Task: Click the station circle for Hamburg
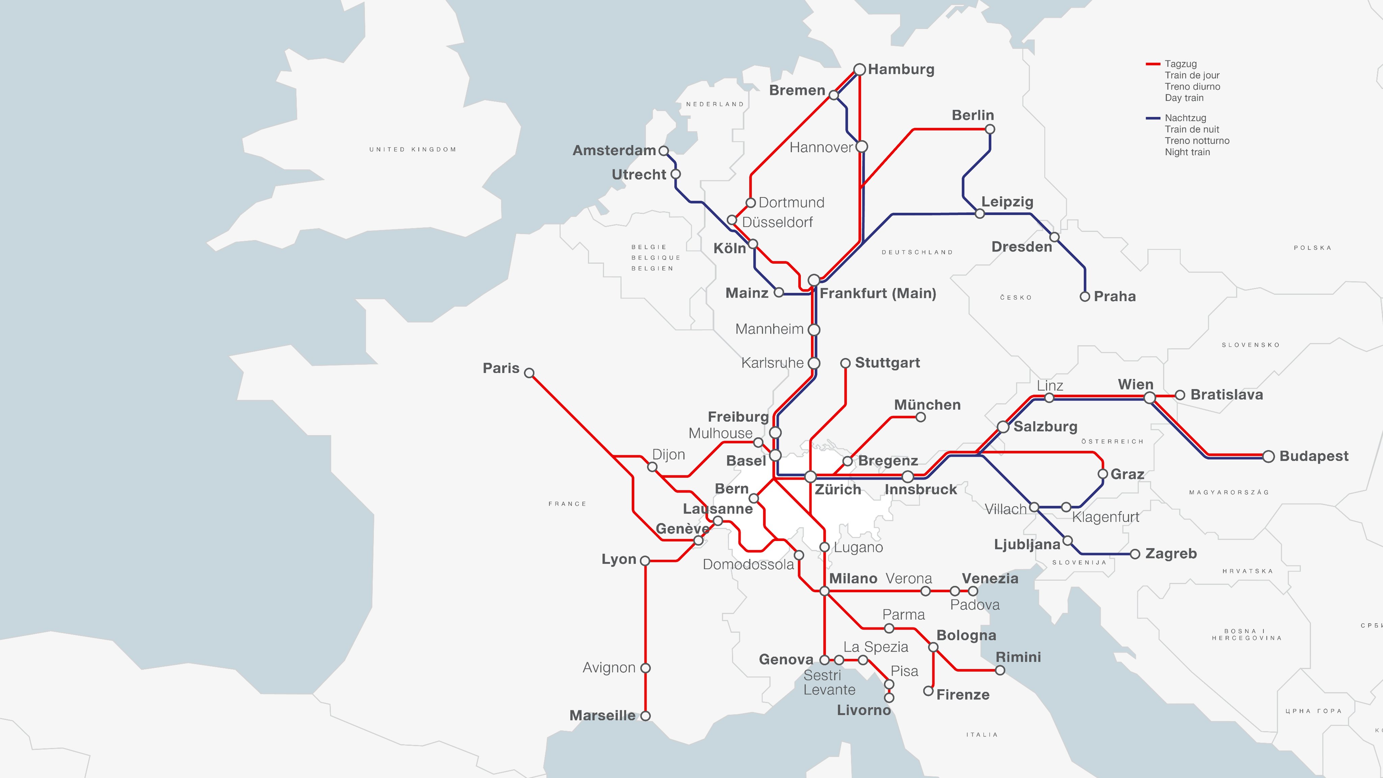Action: tap(860, 69)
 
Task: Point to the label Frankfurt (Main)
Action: tap(878, 293)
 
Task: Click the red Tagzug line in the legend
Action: tap(1153, 64)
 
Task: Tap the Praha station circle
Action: tap(1085, 296)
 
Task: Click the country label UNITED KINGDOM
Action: tap(412, 149)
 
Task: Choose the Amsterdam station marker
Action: tap(663, 151)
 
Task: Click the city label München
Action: tap(927, 405)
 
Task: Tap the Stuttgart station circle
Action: tap(845, 363)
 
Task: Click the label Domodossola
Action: tap(748, 564)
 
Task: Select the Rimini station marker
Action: tap(1000, 670)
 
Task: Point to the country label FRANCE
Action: tap(567, 503)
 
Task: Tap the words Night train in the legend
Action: tap(1187, 152)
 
